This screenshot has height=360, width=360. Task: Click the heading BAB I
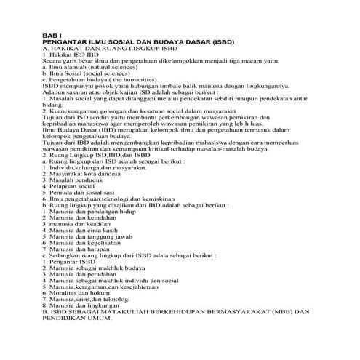coord(53,36)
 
